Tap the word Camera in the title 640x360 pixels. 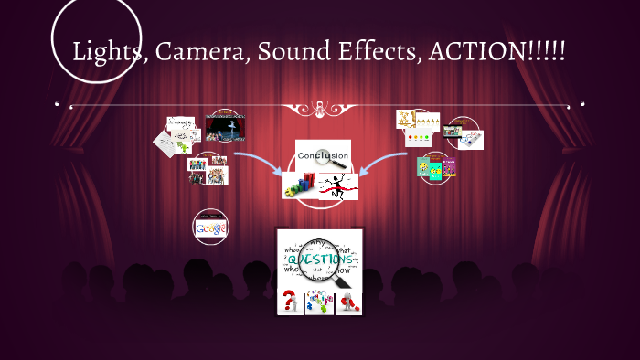point(201,51)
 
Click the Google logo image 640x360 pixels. point(211,227)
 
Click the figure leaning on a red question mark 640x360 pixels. point(291,301)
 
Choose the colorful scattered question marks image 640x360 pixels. point(319,301)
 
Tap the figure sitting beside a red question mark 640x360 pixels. point(348,301)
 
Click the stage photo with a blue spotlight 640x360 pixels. point(226,128)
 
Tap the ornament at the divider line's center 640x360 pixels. point(320,110)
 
